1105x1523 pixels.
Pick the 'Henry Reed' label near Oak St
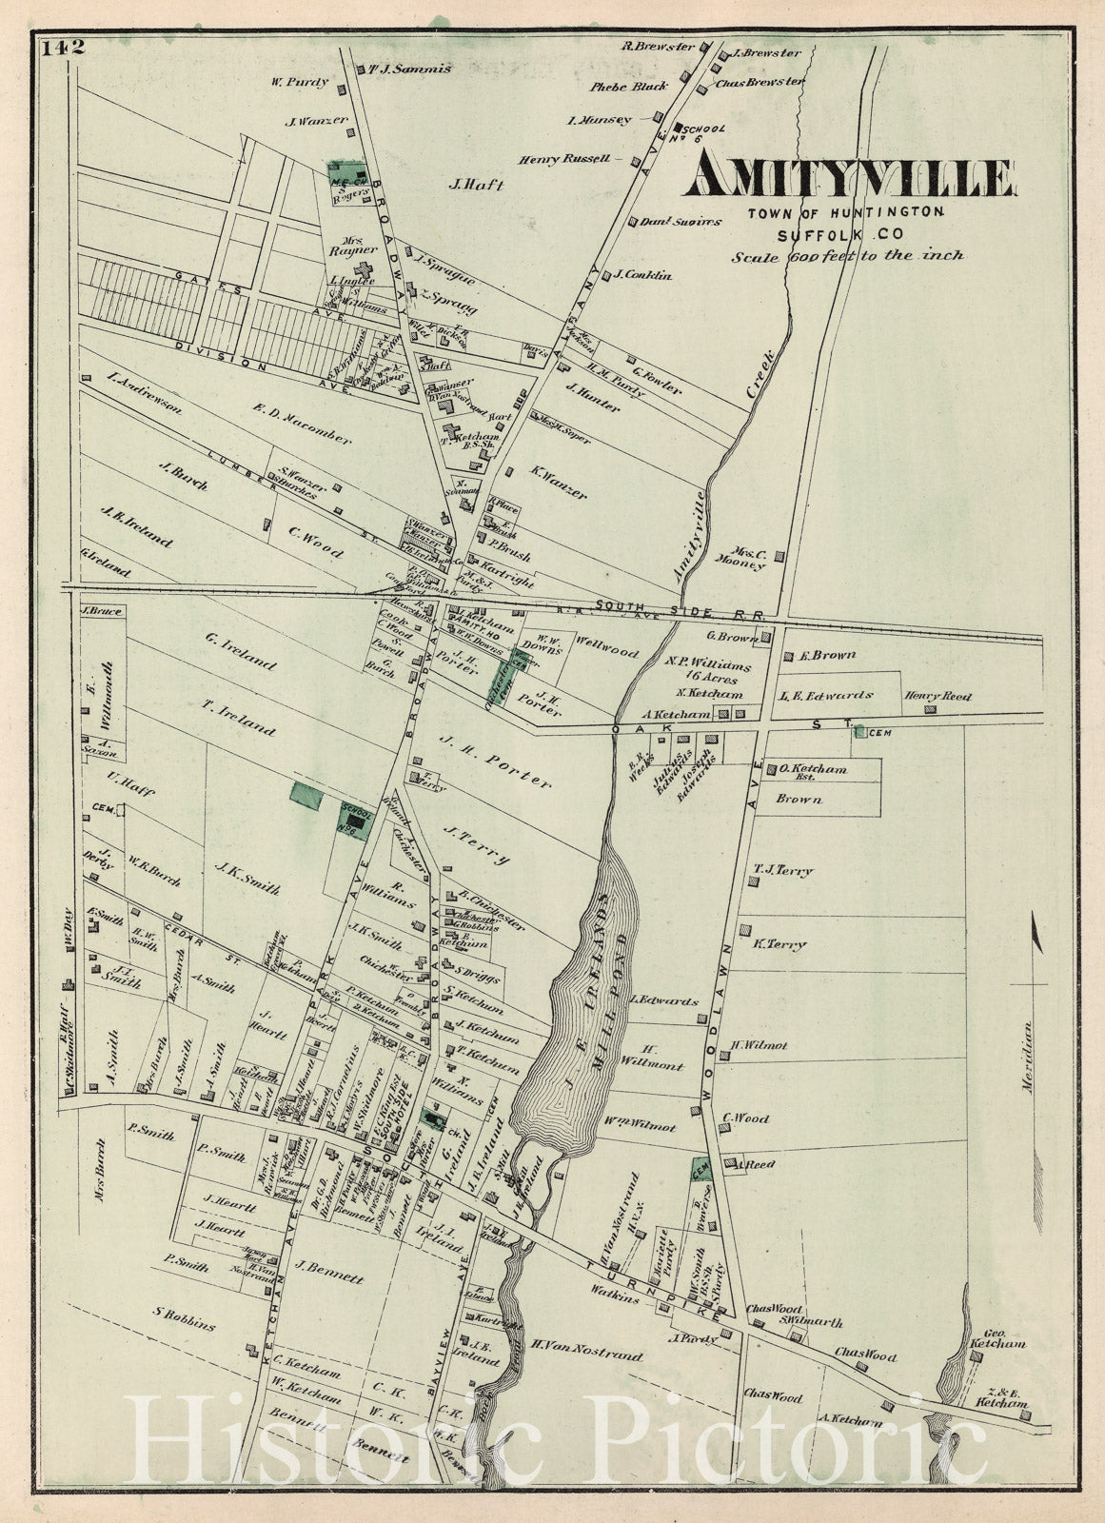point(938,697)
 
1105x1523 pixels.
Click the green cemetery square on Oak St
point(859,731)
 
